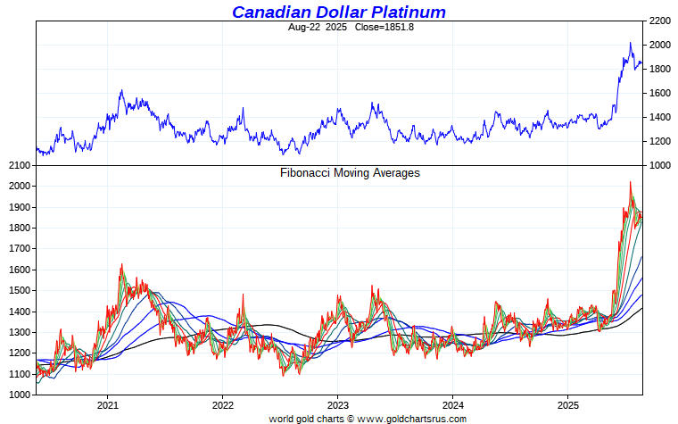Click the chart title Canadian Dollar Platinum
click(339, 12)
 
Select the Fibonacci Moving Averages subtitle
click(350, 173)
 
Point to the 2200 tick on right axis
click(660, 21)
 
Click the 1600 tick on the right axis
click(660, 93)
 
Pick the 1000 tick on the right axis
click(660, 165)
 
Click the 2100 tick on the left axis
click(20, 165)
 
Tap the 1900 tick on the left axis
click(20, 207)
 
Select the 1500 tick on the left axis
click(20, 290)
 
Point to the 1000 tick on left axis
click(20, 395)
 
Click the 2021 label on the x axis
click(107, 403)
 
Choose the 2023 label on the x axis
click(337, 403)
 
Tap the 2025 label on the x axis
click(568, 403)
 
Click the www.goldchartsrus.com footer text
click(412, 418)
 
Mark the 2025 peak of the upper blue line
click(630, 43)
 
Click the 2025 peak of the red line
click(630, 182)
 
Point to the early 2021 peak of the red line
click(121, 264)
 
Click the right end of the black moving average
click(642, 308)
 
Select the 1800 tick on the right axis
click(660, 69)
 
